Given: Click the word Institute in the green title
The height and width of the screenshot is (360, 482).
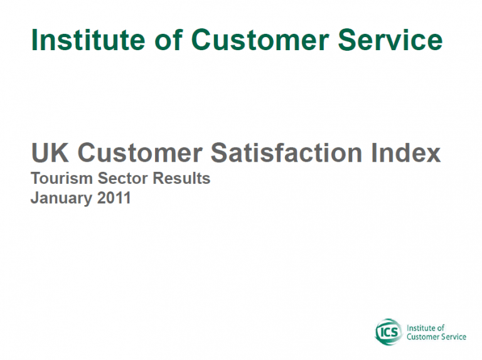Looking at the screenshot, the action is (x=88, y=40).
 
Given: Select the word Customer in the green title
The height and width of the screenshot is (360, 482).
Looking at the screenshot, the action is (x=260, y=40).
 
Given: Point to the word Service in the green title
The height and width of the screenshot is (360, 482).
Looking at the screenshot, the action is (x=390, y=40).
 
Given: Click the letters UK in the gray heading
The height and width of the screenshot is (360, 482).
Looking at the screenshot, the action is (x=50, y=152).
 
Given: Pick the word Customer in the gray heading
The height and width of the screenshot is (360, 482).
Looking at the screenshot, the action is (x=140, y=152).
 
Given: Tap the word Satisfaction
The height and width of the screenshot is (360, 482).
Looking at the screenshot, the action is (x=286, y=152).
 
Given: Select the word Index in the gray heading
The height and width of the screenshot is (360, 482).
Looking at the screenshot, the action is (x=406, y=152).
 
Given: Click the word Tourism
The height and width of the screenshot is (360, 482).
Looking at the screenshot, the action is (x=62, y=178).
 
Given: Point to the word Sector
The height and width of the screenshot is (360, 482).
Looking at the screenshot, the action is (x=122, y=178).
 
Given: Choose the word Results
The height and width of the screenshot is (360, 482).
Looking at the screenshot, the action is (x=181, y=178).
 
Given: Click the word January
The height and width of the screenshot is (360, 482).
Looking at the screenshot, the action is (x=61, y=198).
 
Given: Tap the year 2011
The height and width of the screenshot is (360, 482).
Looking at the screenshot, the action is (x=114, y=198).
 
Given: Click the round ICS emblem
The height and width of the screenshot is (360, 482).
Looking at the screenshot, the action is (x=388, y=332).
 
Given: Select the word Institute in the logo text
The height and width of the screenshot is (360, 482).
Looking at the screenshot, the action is (x=421, y=328).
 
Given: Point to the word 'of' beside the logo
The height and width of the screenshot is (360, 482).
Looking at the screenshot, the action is (x=441, y=328).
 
